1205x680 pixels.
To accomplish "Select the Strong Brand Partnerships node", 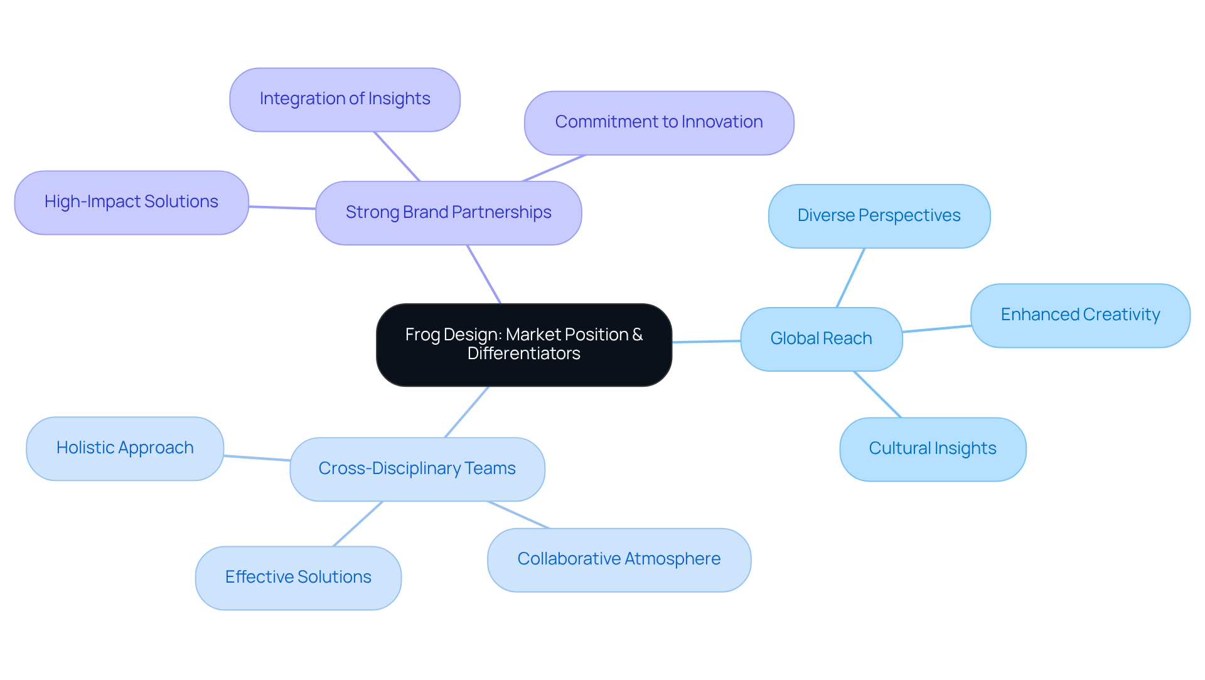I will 448,213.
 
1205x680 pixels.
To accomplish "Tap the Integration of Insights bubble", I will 345,99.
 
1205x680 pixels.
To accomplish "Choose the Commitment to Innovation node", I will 658,122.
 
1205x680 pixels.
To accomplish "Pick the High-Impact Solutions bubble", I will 131,202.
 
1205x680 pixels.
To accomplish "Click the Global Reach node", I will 821,339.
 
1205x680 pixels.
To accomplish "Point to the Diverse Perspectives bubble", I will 879,216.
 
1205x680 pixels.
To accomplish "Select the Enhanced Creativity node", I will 1079,315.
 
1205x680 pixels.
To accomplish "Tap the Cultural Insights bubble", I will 932,449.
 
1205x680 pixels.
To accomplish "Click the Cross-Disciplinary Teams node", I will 417,469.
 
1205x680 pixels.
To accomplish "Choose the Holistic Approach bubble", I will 125,448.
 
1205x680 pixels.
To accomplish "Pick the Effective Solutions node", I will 298,578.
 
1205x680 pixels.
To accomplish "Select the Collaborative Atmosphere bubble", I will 619,559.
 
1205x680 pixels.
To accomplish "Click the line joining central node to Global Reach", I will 706,342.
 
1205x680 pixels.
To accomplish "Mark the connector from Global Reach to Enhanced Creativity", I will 936,328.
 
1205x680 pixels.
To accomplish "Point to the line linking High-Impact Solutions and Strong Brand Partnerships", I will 282,207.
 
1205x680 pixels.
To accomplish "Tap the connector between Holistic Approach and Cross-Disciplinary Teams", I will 257,458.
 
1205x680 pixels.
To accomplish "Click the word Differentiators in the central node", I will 523,353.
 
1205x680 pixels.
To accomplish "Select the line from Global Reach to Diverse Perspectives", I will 850,278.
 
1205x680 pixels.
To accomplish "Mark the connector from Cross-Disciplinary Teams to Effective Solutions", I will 357,524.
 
